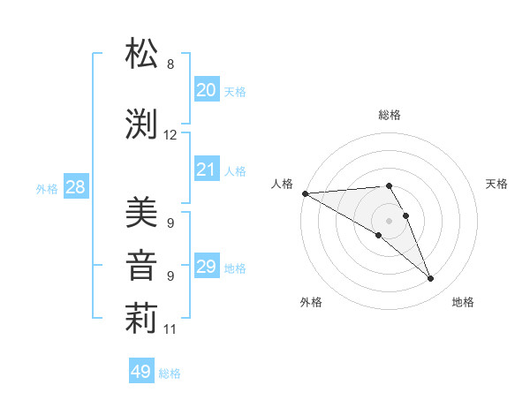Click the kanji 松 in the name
click(141, 55)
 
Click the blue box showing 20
click(207, 89)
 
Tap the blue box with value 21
click(207, 170)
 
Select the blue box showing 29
click(207, 267)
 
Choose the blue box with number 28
click(75, 187)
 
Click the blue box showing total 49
click(141, 372)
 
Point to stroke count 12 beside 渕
click(170, 135)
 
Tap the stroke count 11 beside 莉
click(170, 329)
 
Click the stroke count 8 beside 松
click(170, 64)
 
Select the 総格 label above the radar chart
click(390, 115)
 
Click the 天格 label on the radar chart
click(497, 184)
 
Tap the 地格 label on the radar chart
click(463, 302)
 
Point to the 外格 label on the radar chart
click(311, 302)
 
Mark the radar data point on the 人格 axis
click(305, 193)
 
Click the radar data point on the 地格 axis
click(431, 279)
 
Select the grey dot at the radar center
click(389, 220)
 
